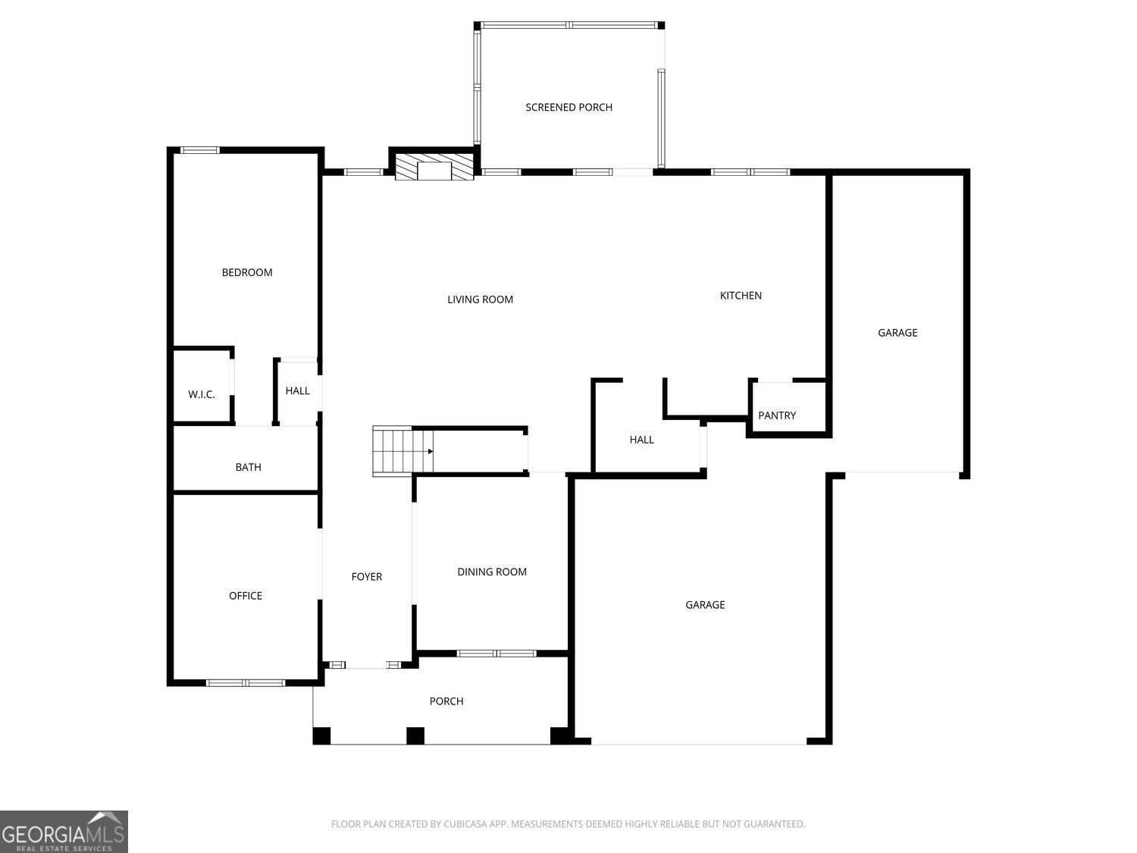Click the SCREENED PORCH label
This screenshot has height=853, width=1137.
click(x=568, y=107)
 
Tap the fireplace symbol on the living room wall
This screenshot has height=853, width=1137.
click(x=434, y=166)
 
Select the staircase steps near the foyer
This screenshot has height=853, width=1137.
click(x=403, y=451)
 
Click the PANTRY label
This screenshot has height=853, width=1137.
click(x=776, y=416)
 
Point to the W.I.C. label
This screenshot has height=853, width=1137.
click(x=201, y=394)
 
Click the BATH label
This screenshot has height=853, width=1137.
click(x=248, y=467)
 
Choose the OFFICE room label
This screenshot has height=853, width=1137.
click(x=246, y=596)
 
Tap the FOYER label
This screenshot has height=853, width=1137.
click(x=367, y=576)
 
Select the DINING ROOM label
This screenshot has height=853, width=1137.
click(x=492, y=572)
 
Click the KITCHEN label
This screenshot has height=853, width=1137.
click(x=741, y=296)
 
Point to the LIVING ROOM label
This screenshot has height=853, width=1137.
click(x=480, y=299)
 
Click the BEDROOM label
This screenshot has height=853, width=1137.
click(x=247, y=272)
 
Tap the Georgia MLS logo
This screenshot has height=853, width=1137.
click(x=64, y=832)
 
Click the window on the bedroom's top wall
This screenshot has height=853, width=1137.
click(x=200, y=150)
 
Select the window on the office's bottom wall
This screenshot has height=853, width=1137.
click(x=246, y=682)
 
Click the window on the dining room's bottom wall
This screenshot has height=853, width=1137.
click(x=496, y=653)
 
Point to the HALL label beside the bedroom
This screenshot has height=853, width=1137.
click(x=297, y=391)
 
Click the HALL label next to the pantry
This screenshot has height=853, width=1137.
click(x=641, y=440)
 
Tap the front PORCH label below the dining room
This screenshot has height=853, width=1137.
click(x=446, y=701)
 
